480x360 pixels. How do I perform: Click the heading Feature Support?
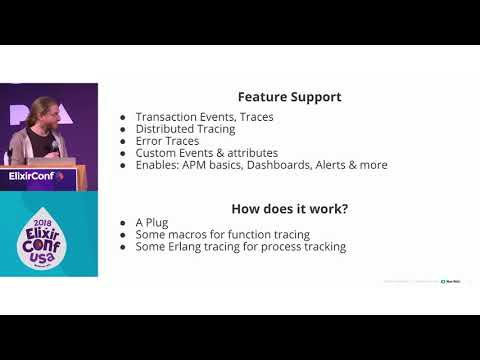289,97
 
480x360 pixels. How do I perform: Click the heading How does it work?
289,209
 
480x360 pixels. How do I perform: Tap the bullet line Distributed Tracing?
185,129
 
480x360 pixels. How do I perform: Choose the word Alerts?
327,165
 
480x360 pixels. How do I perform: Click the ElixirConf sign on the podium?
35,176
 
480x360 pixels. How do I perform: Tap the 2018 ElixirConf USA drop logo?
48,233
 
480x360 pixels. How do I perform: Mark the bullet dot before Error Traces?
122,142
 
